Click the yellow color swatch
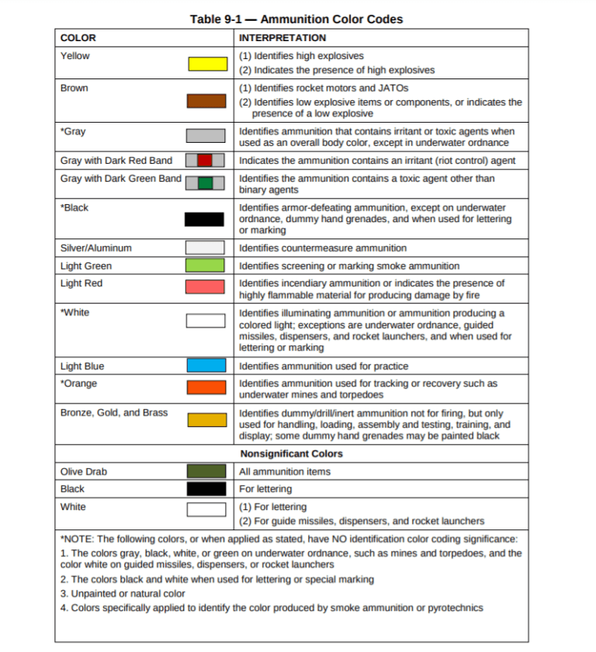coord(206,64)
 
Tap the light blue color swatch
coord(206,366)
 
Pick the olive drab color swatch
coord(206,471)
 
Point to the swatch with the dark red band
coord(206,161)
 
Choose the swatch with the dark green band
coord(206,183)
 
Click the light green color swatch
coord(206,265)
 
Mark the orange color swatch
coord(206,387)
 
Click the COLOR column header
coord(78,37)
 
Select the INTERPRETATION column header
coord(282,37)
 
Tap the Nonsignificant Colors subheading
coord(291,453)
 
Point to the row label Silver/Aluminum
coord(95,248)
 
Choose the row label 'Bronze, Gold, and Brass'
coord(113,412)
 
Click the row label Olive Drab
coord(84,471)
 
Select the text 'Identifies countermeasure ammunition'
coord(322,248)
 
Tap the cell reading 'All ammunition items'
coord(285,471)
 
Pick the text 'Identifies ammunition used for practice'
coord(324,366)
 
